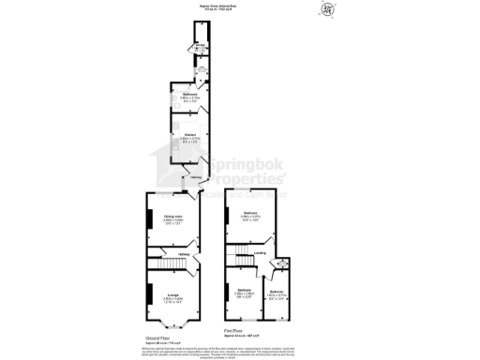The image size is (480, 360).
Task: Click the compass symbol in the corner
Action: coord(327,10)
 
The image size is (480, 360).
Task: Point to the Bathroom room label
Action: coord(188,94)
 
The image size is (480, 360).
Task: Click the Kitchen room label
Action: coord(188,135)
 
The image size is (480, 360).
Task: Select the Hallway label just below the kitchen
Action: coord(197,177)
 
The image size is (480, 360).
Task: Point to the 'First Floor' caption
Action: coord(234,331)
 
